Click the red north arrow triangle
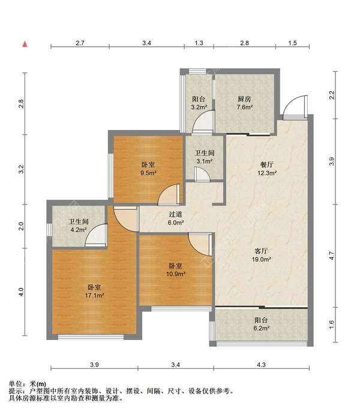[x=25, y=44]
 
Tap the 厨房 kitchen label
[x=244, y=99]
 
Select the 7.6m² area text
[x=245, y=107]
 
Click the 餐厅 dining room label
[x=267, y=165]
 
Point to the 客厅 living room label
[x=261, y=251]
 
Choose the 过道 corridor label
[x=175, y=214]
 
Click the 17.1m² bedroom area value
[x=95, y=295]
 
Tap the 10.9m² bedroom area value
[x=175, y=274]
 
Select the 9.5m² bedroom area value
[x=148, y=173]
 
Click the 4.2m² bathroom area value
[x=79, y=230]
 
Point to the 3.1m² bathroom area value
[x=205, y=161]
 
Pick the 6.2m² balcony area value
[x=261, y=328]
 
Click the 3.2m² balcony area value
[x=199, y=107]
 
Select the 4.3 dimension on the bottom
[x=261, y=365]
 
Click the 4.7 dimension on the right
[x=332, y=255]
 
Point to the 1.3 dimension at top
[x=199, y=43]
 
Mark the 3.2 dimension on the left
[x=21, y=169]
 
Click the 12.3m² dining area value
[x=267, y=173]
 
